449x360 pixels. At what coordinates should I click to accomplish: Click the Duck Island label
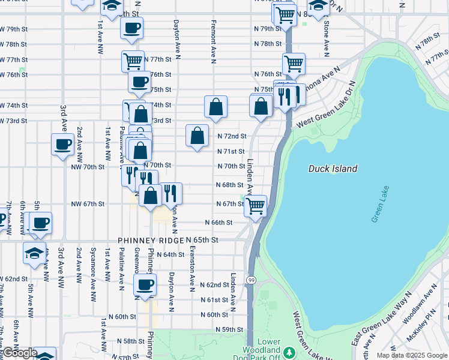[333, 169]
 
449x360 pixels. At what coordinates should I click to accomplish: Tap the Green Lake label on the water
[380, 205]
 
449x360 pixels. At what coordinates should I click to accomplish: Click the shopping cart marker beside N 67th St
[256, 206]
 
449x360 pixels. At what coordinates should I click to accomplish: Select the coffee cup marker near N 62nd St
[145, 284]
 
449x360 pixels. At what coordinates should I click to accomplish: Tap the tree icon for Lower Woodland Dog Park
[289, 351]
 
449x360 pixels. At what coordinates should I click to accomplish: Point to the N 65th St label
[202, 239]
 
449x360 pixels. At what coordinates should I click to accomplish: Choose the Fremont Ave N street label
[213, 41]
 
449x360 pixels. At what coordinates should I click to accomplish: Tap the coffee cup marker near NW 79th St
[131, 27]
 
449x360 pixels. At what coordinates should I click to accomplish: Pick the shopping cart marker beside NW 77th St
[133, 61]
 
